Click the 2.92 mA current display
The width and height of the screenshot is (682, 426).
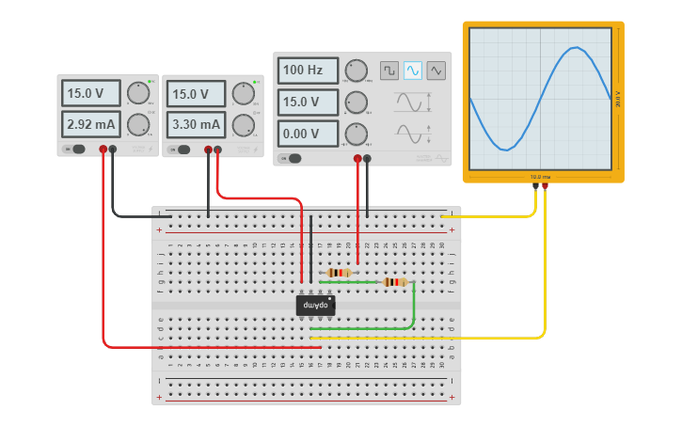(x=91, y=124)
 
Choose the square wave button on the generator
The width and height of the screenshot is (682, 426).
(x=389, y=71)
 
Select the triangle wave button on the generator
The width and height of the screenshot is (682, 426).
(x=436, y=71)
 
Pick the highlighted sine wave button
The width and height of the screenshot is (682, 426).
(x=413, y=71)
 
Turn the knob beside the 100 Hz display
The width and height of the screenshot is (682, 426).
(x=356, y=71)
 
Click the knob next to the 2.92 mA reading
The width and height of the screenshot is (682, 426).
(x=138, y=124)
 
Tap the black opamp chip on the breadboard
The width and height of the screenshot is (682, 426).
(x=315, y=306)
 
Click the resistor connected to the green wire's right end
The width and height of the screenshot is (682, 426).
(x=395, y=281)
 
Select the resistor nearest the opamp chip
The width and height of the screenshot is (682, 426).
(x=341, y=272)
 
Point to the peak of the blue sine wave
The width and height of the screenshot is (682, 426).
(x=577, y=49)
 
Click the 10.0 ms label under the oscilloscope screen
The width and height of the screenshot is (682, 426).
(x=541, y=176)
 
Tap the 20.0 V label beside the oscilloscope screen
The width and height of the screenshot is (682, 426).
(x=618, y=99)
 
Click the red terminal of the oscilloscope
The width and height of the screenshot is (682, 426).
(x=545, y=186)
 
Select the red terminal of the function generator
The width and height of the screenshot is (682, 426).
(x=357, y=159)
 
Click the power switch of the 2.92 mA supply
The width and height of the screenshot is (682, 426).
(x=75, y=149)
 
